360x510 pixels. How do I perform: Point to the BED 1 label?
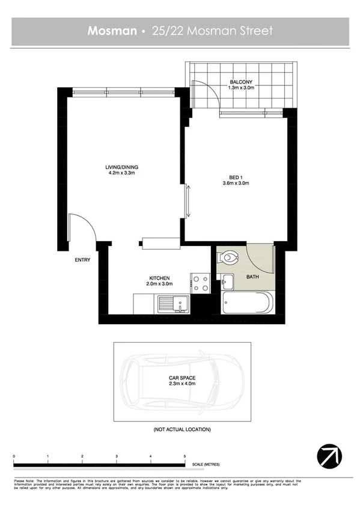point(235,177)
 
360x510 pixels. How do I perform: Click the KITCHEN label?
point(160,278)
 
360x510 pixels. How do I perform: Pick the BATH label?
point(252,277)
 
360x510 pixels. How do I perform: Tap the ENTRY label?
point(83,260)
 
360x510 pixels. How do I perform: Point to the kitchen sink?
point(172,304)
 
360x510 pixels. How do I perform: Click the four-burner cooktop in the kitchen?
point(200,283)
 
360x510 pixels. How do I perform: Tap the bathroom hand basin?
point(226,281)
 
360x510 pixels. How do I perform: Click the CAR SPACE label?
point(182,378)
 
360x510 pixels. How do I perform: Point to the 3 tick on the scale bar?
point(116,458)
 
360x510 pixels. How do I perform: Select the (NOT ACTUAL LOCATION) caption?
point(182,430)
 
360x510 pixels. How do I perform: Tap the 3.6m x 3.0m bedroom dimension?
point(235,183)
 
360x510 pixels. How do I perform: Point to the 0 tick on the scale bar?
point(13,458)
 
